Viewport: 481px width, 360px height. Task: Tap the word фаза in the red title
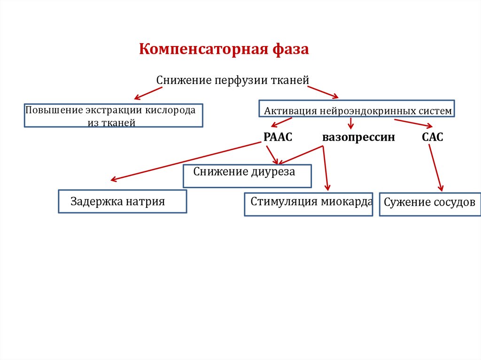click(289, 49)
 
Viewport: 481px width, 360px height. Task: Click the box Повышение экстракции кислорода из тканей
click(113, 116)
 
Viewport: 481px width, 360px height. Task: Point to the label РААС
click(278, 137)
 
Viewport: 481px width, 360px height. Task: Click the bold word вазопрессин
click(358, 138)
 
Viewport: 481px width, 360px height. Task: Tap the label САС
click(432, 137)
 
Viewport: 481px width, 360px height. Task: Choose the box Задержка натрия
click(122, 202)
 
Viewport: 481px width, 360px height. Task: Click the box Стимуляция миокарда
click(308, 204)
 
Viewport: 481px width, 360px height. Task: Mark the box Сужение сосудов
click(429, 204)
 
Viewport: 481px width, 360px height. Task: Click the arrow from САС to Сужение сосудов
click(435, 168)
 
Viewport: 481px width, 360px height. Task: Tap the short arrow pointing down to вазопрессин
click(350, 123)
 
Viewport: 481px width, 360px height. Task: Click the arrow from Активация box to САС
click(413, 123)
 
